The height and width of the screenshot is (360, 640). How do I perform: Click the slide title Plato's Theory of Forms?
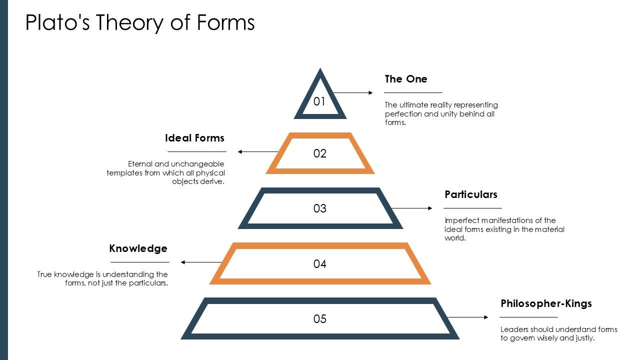140,22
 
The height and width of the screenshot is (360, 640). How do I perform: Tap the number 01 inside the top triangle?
319,101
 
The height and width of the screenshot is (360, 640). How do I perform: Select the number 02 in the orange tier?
320,153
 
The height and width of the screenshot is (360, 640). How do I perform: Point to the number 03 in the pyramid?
320,208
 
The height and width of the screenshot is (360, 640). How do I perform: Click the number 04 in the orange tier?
320,264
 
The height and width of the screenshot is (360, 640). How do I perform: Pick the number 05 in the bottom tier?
320,319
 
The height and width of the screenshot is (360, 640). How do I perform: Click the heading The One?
406,79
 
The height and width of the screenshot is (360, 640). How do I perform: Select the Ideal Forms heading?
194,138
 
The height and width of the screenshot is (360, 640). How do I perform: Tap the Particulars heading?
471,194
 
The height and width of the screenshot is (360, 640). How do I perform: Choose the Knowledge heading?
138,248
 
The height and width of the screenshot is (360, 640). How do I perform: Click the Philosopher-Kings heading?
546,303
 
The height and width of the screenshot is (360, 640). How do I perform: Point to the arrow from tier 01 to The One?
352,92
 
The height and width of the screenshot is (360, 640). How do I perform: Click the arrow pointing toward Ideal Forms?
258,151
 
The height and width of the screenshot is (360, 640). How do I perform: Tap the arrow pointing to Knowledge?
201,262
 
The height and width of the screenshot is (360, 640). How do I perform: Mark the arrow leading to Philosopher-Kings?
467,317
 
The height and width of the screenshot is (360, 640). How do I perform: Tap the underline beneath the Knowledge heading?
139,262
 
